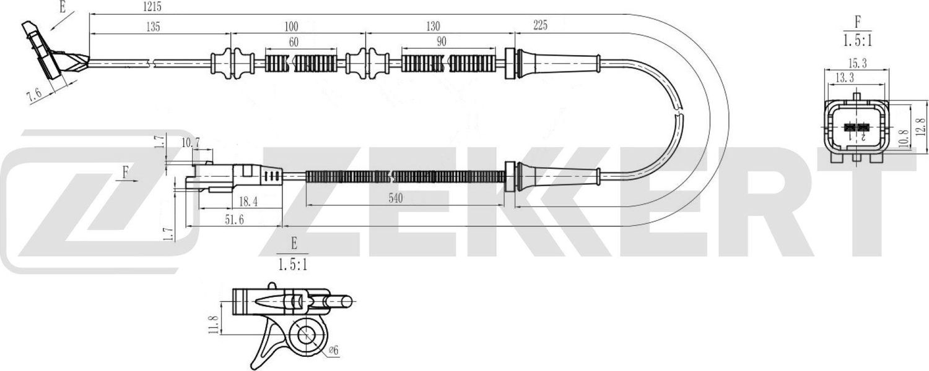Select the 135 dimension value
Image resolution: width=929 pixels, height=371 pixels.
[153, 27]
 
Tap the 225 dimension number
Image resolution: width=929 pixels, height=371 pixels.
[539, 25]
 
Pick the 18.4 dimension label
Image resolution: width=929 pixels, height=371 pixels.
[248, 200]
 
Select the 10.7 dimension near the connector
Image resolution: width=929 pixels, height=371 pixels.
[191, 142]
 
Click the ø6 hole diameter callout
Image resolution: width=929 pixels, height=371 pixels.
[332, 351]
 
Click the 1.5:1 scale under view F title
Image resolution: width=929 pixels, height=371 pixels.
[858, 41]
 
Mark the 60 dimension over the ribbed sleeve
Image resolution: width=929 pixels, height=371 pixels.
[294, 43]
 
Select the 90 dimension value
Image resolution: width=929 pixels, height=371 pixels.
[442, 43]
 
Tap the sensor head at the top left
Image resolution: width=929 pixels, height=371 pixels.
[46, 53]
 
